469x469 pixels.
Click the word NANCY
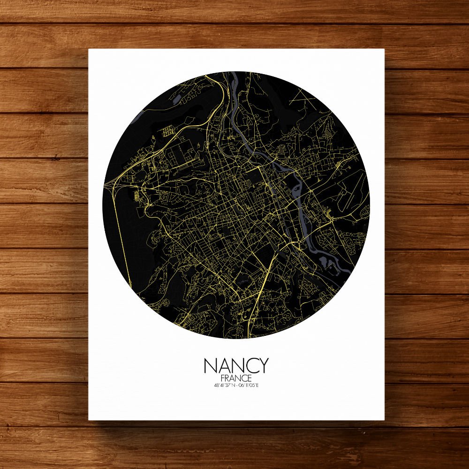(236, 366)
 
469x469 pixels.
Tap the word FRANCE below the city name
(236, 378)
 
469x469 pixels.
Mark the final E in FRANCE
(250, 378)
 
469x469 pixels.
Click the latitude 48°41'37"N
(224, 386)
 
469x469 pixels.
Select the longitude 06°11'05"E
(249, 386)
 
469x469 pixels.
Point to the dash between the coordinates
(236, 386)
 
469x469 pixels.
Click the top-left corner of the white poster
(89, 49)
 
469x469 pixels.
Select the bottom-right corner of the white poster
(384, 420)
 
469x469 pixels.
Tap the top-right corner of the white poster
(384, 49)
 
